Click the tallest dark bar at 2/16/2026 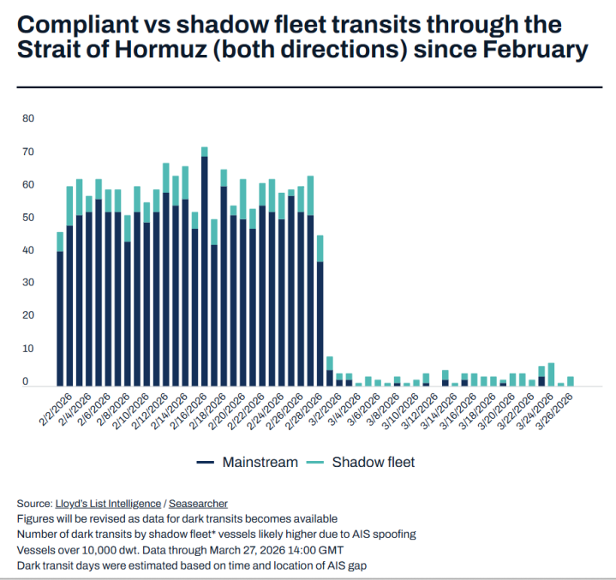(204, 270)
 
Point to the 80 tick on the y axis (27, 119)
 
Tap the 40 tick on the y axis (27, 250)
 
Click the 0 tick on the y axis (26, 381)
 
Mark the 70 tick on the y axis (27, 152)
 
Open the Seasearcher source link (198, 503)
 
